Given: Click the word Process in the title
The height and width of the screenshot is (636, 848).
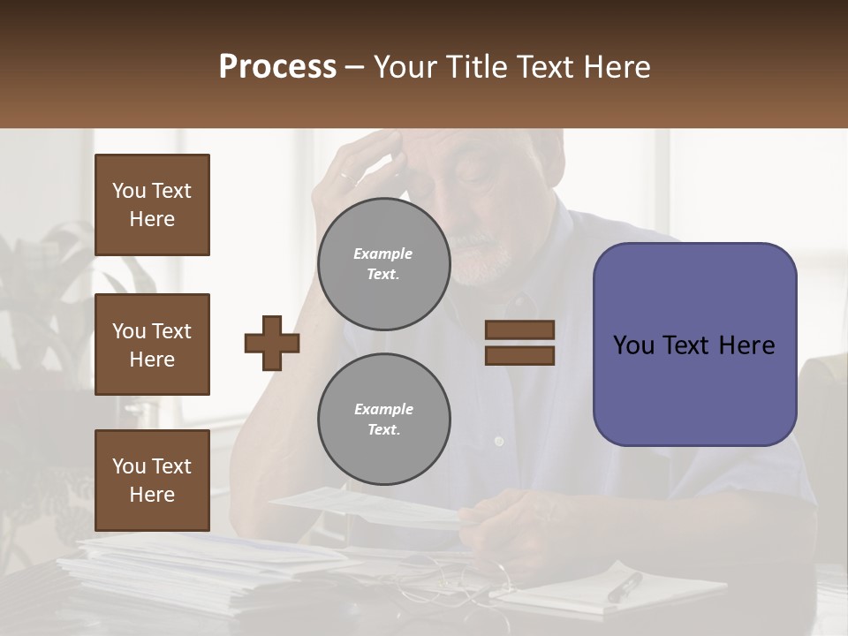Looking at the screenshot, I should (277, 67).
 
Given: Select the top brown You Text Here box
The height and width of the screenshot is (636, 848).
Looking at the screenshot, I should (152, 205).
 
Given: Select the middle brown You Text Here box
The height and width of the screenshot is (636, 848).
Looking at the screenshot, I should (152, 344).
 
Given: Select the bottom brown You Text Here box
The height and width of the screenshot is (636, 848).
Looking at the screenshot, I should (152, 481).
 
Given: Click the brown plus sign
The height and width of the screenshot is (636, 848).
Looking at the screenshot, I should (272, 343).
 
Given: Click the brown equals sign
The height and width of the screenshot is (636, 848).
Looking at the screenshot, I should (519, 343).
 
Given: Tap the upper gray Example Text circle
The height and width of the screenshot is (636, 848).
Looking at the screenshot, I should (384, 263).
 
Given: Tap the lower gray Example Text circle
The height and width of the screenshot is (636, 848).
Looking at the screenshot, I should (384, 419).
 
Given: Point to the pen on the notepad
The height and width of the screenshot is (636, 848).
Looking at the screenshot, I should (625, 587).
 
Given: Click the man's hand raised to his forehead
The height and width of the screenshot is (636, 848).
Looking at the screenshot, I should (362, 168).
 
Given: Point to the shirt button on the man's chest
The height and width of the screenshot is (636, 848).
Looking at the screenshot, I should (499, 440).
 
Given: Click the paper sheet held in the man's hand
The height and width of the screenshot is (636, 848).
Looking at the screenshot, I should (371, 507).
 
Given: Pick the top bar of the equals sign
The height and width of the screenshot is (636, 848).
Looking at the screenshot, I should (519, 329).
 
